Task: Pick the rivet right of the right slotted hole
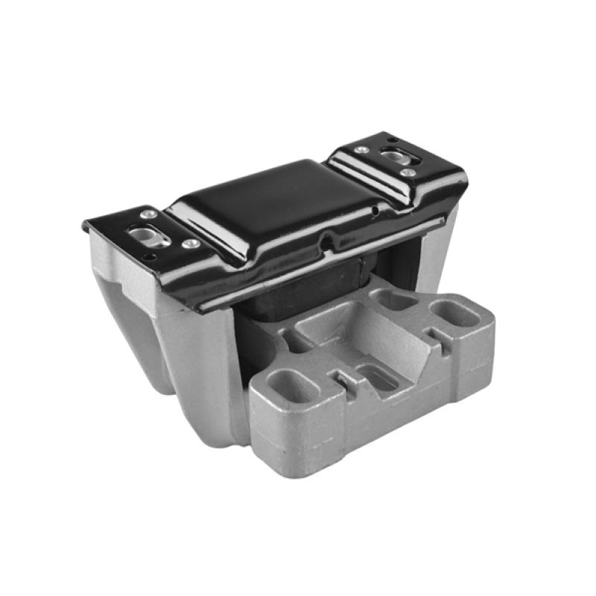click(408, 173)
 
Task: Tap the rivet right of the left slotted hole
click(191, 244)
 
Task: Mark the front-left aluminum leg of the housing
click(194, 372)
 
